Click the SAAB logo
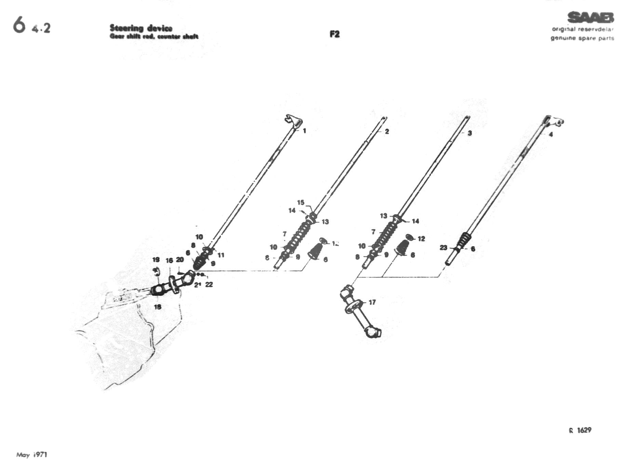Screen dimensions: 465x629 pyautogui.click(x=590, y=17)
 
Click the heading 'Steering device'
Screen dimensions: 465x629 pyautogui.click(x=141, y=28)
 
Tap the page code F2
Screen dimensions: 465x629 pyautogui.click(x=334, y=34)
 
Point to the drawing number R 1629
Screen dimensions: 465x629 pyautogui.click(x=580, y=430)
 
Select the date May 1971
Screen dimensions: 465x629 pyautogui.click(x=32, y=455)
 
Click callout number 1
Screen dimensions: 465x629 pyautogui.click(x=304, y=131)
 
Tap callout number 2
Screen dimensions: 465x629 pyautogui.click(x=387, y=131)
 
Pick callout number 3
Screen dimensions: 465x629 pyautogui.click(x=469, y=133)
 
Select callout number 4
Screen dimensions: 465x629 pyautogui.click(x=551, y=134)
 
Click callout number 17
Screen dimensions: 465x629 pyautogui.click(x=372, y=302)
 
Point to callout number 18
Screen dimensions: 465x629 pyautogui.click(x=157, y=307)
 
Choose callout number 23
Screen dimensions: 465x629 pyautogui.click(x=443, y=248)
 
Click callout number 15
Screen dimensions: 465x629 pyautogui.click(x=300, y=202)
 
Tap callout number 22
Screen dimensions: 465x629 pyautogui.click(x=209, y=284)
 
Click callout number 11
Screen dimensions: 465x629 pyautogui.click(x=221, y=255)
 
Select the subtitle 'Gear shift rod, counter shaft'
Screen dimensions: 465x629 pyautogui.click(x=154, y=36)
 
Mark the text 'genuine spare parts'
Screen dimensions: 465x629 pyautogui.click(x=582, y=38)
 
